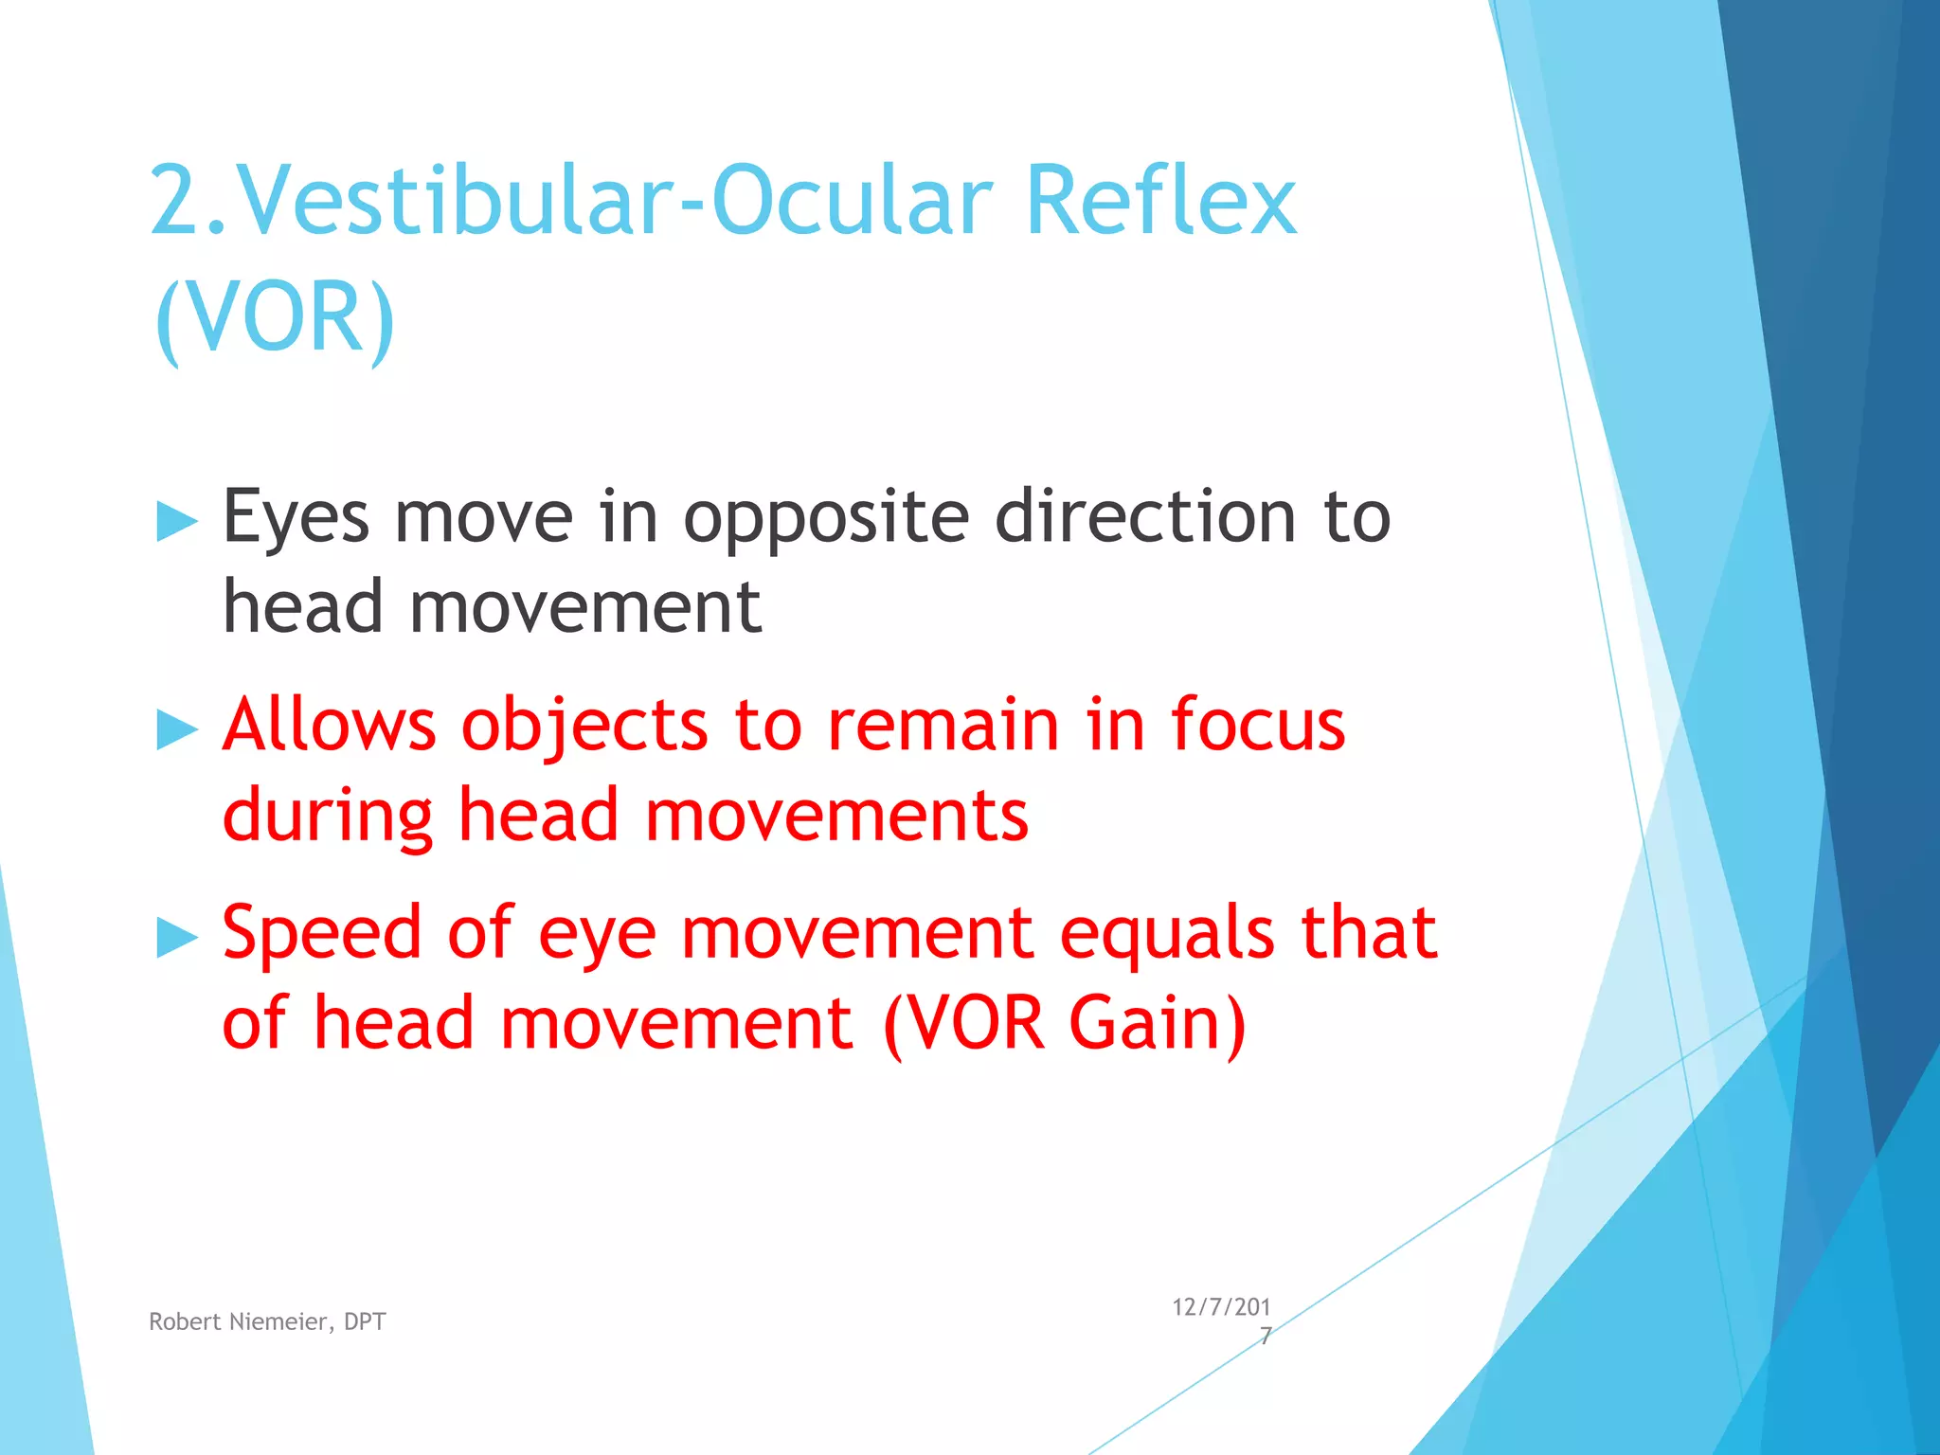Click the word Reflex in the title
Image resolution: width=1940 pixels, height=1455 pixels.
point(1159,201)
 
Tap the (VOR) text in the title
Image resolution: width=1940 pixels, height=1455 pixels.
point(274,316)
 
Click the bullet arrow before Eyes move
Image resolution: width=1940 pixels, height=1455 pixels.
point(176,522)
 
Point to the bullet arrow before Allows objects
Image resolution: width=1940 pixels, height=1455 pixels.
point(176,730)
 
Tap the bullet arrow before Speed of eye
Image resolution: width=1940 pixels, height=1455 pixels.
point(176,938)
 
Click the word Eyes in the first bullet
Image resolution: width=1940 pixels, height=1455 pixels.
point(296,519)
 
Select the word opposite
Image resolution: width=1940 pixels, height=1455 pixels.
point(825,519)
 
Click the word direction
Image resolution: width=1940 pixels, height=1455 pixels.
point(1144,517)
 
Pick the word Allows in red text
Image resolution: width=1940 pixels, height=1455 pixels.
point(329,726)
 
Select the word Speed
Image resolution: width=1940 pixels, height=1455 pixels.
point(321,934)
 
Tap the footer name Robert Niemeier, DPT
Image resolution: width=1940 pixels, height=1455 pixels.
point(267,1321)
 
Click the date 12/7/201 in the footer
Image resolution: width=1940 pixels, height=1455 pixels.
point(1221,1307)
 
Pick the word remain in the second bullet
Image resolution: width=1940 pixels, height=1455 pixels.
point(943,726)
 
